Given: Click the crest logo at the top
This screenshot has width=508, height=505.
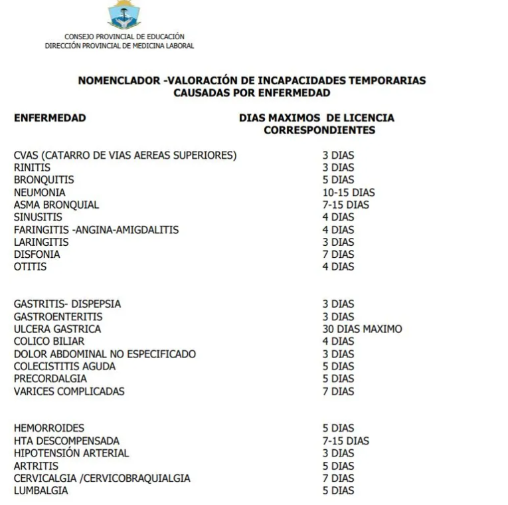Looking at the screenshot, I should [124, 14].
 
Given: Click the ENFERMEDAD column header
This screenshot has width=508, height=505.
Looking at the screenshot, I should [50, 118].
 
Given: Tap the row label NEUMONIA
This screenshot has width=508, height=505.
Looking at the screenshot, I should [39, 193].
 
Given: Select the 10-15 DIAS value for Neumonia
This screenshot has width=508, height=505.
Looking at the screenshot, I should [349, 193].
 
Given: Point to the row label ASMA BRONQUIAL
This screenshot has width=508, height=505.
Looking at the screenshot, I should [56, 205].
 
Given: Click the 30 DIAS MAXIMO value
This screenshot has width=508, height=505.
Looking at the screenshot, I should [362, 329].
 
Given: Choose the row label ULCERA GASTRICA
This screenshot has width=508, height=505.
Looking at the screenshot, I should [57, 329].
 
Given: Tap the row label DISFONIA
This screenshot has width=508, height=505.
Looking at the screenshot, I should [37, 254].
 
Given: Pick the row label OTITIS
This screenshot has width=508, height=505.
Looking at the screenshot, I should [30, 267].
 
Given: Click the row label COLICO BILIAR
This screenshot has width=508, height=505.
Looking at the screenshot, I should [49, 342].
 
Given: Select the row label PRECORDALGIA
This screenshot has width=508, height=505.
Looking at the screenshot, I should [50, 379].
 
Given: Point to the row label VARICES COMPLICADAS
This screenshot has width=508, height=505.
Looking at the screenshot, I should [69, 391].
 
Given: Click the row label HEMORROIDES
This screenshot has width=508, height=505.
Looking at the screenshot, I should [49, 429].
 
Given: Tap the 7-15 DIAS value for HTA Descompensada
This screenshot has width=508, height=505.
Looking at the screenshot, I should [346, 441].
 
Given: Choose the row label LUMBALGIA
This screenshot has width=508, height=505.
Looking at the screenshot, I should [41, 490].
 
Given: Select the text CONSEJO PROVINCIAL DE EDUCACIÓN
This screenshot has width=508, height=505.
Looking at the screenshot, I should [124, 37].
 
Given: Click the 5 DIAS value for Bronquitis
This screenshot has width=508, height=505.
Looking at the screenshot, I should [338, 180].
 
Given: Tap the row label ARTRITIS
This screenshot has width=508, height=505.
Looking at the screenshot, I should [36, 466].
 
